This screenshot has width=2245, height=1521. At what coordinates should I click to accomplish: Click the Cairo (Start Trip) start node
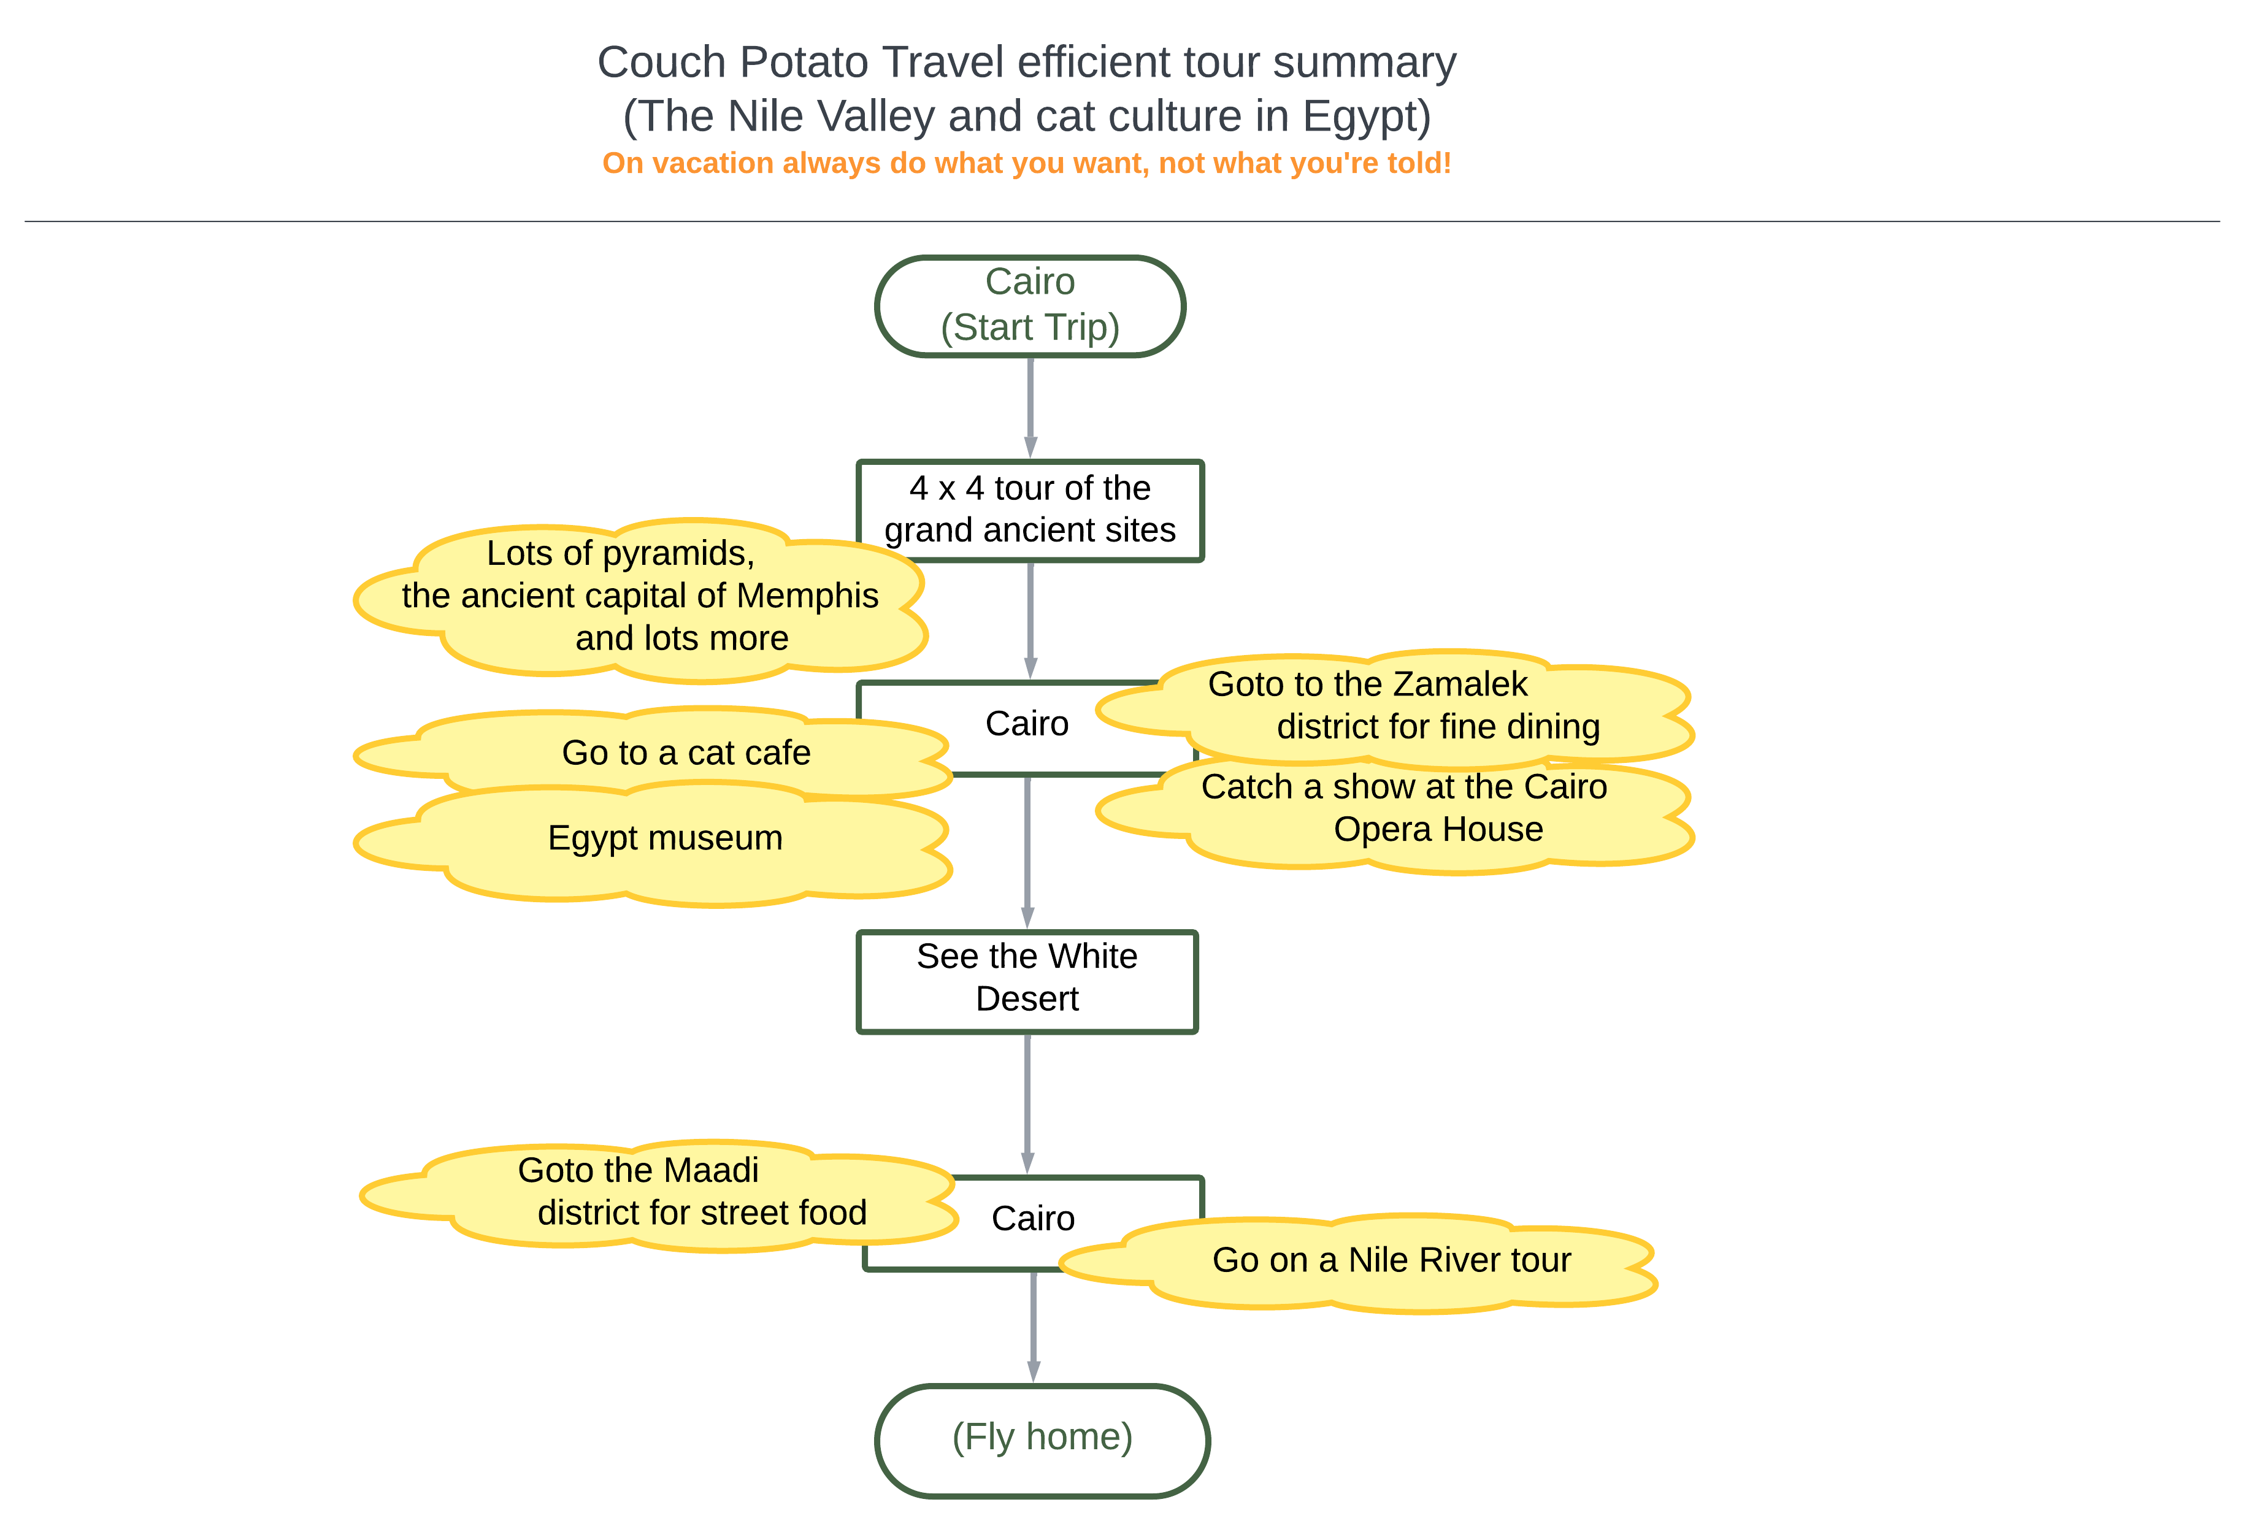(x=1030, y=306)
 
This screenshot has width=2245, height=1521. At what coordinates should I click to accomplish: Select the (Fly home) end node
(x=1042, y=1440)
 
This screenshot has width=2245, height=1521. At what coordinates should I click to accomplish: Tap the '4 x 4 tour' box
(x=1030, y=510)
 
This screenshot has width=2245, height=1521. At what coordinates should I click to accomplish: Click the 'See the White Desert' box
(x=1027, y=981)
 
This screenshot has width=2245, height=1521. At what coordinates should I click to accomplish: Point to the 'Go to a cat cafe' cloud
(x=653, y=753)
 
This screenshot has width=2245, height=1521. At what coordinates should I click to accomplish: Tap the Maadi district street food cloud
(x=659, y=1195)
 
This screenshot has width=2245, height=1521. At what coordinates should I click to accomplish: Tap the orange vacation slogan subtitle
(x=1027, y=163)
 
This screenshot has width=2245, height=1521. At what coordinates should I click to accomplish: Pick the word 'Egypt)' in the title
(x=1366, y=117)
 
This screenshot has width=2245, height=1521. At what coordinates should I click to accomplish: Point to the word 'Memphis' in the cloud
(x=808, y=596)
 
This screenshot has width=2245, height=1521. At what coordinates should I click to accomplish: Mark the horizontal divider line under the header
(x=1122, y=221)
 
